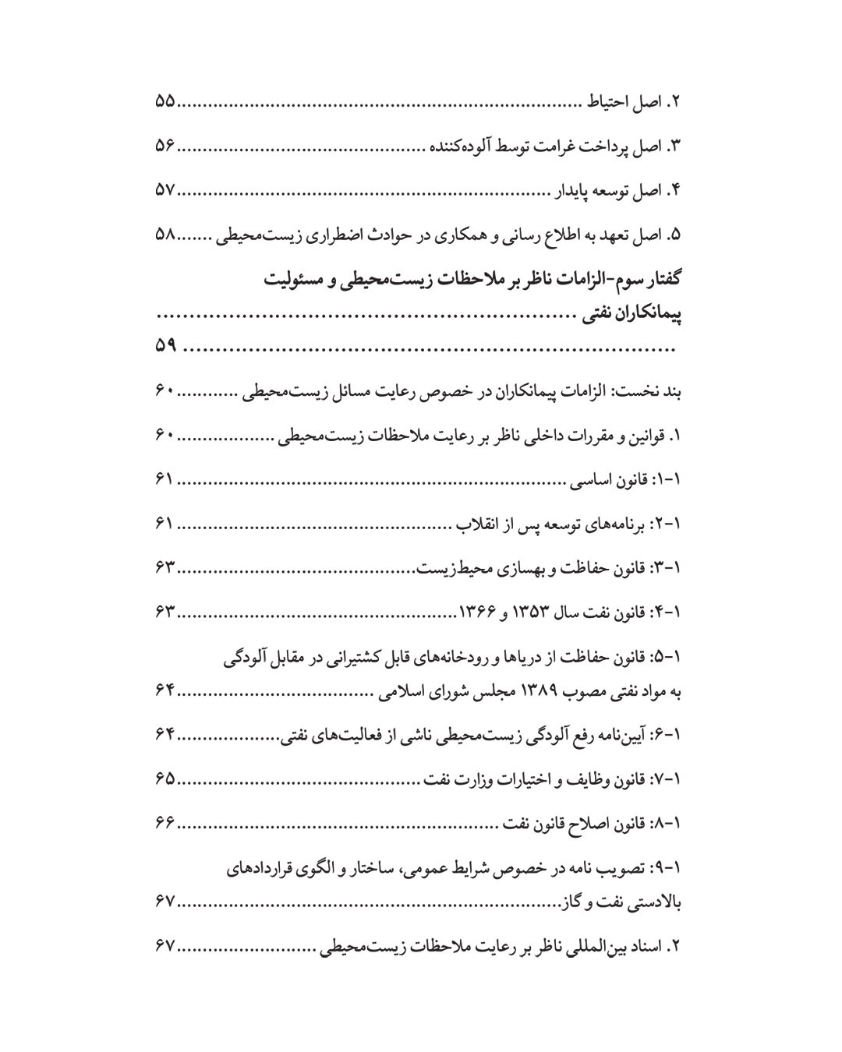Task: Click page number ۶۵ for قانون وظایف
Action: pyautogui.click(x=165, y=779)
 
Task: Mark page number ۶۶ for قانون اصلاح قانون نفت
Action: pyautogui.click(x=165, y=823)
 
